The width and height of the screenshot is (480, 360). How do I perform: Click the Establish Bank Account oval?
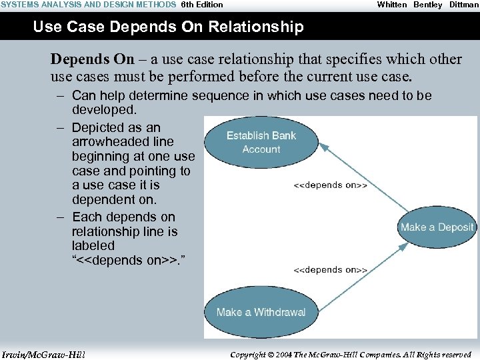261,142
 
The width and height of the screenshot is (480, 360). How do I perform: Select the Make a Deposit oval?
437,227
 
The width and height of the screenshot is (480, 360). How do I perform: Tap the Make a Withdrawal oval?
261,312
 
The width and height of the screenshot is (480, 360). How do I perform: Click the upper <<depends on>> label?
331,185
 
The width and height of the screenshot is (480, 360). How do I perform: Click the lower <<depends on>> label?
331,270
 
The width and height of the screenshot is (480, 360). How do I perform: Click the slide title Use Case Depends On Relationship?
168,27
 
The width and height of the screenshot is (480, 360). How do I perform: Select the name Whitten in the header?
392,5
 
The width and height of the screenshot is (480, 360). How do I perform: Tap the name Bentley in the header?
428,5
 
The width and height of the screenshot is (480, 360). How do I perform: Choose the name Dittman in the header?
463,5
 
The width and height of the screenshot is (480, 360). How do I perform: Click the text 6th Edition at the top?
202,5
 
